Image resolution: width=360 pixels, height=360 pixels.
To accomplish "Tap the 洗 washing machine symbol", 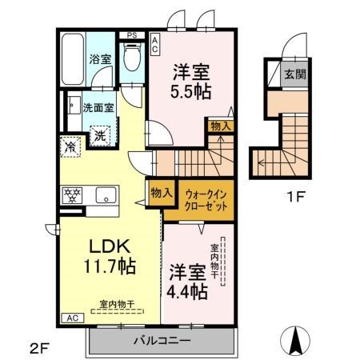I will tap(102, 136).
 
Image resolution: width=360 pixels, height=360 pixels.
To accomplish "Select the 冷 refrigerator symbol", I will tap(70, 147).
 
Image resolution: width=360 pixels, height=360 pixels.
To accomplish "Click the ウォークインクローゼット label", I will tap(206, 199).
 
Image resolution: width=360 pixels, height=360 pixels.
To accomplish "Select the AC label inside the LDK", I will tap(70, 317).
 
